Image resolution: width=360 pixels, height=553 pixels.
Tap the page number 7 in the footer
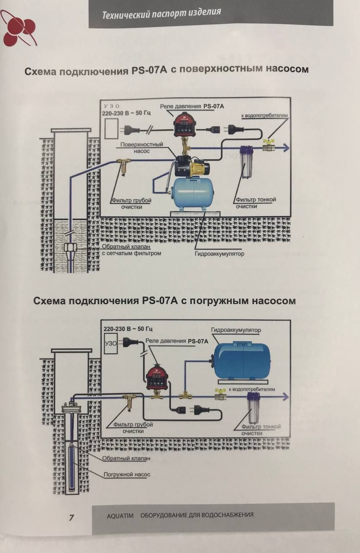point(72,518)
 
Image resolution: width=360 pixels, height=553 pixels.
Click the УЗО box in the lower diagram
point(111,344)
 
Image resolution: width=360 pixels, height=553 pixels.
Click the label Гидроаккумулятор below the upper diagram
point(219,254)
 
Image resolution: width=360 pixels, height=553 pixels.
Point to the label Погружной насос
point(127,474)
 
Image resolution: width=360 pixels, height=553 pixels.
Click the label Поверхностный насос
point(142,148)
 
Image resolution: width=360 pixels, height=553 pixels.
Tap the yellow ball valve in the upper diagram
point(268,147)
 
